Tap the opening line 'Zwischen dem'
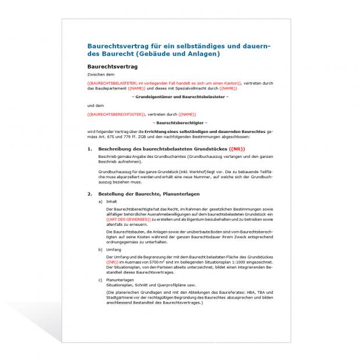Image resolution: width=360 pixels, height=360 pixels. [100, 75]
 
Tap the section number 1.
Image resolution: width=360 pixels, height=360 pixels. [90, 150]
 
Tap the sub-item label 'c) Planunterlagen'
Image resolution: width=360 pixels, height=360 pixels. [116, 280]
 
